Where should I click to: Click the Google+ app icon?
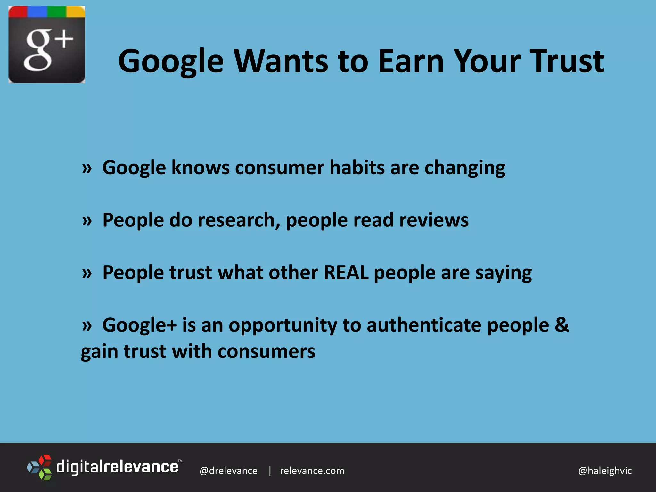(47, 45)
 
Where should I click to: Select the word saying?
(503, 273)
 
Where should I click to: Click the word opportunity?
(283, 326)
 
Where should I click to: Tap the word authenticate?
(424, 325)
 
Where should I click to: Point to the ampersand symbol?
(562, 325)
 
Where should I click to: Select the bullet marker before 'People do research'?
(87, 221)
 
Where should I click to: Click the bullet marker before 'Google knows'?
(87, 168)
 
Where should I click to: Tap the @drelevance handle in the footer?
(228, 471)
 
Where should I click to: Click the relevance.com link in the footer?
(312, 471)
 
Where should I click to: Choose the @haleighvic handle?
(605, 471)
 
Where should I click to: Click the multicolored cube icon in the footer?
(39, 467)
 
